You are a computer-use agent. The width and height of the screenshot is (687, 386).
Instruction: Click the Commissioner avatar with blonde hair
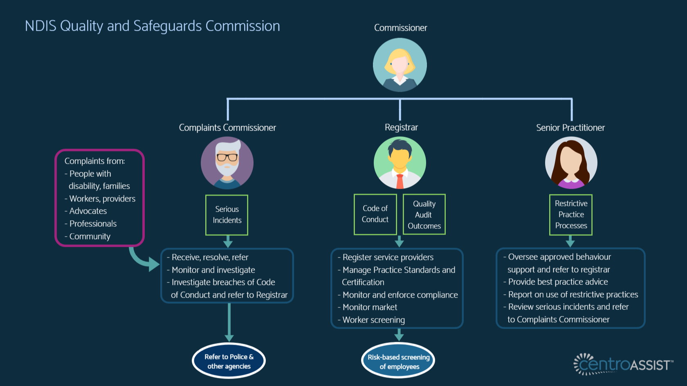(x=400, y=65)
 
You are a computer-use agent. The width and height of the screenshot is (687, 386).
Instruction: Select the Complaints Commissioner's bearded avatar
(x=227, y=163)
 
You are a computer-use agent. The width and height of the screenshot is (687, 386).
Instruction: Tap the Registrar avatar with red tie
(x=400, y=163)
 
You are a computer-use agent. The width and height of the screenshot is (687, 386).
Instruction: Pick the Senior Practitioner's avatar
(x=571, y=163)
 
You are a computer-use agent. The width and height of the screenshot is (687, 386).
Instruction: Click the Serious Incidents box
(x=227, y=215)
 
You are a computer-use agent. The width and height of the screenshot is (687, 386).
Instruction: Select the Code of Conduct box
(x=375, y=214)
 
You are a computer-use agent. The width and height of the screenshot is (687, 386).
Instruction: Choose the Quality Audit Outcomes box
(x=424, y=214)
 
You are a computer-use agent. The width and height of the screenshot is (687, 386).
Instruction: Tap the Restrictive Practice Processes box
(x=571, y=214)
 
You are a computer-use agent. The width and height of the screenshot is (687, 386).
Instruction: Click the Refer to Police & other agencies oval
(x=229, y=361)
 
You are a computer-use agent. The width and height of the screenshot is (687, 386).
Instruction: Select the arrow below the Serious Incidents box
(x=227, y=242)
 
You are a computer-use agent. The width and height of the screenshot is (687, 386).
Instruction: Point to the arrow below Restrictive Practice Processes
(x=570, y=242)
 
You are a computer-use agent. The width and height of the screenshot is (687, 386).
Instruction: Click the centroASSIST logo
(x=623, y=364)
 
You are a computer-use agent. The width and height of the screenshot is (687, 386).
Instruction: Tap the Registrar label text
(x=401, y=127)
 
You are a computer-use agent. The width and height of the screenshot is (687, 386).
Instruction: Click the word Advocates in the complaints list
(x=88, y=211)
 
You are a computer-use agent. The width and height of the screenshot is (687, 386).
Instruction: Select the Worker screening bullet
(x=371, y=320)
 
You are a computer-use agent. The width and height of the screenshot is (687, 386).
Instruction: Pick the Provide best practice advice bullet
(x=555, y=282)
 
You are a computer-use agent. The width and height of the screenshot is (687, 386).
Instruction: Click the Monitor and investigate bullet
(x=211, y=270)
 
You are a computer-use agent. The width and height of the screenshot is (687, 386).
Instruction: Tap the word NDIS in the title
(x=40, y=26)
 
